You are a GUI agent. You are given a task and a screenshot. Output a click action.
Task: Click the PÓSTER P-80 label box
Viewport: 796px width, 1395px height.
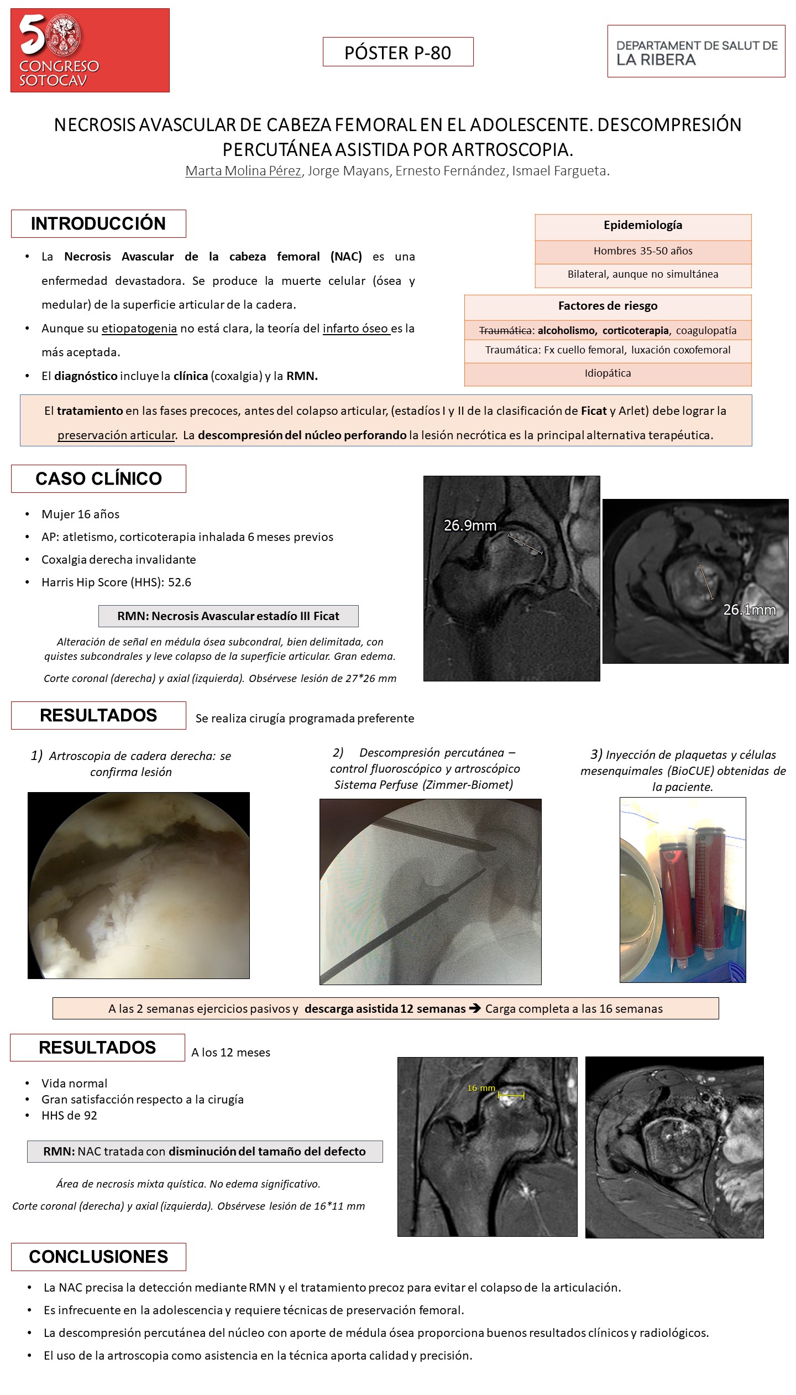(398, 52)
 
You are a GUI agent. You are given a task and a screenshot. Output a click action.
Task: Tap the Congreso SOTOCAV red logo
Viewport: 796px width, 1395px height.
(90, 50)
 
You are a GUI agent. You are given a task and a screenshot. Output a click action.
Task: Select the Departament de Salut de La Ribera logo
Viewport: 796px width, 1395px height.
(696, 51)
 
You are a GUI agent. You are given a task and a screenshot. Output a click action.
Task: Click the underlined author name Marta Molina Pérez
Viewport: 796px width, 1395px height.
(243, 171)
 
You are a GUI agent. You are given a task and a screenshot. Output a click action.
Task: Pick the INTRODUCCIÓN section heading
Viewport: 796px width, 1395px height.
(98, 223)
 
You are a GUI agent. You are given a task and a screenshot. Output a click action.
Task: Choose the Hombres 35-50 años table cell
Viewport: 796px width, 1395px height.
(643, 251)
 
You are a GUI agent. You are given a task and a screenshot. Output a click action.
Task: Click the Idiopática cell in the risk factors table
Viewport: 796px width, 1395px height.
(608, 373)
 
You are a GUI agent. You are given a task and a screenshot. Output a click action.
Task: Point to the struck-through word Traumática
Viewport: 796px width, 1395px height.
(505, 331)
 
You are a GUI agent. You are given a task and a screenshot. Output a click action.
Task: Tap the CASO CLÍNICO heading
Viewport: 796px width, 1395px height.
(98, 478)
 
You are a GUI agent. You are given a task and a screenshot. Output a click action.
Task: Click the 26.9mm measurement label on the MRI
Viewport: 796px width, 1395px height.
(470, 525)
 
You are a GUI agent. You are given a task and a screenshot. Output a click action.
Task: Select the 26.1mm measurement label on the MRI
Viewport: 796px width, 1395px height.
(750, 610)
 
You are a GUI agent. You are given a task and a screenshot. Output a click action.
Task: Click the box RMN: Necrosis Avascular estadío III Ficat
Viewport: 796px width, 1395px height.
(228, 616)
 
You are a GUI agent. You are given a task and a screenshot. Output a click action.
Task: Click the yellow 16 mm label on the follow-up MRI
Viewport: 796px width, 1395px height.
(481, 1088)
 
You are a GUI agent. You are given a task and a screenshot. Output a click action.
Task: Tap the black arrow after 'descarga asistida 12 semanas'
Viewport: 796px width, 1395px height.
(475, 1008)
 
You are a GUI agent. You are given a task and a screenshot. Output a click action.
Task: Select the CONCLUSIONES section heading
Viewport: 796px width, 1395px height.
(98, 1257)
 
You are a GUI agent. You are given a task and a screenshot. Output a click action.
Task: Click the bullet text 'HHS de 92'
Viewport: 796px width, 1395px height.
(69, 1116)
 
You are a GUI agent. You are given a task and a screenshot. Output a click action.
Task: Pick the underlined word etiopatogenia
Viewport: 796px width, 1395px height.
(139, 329)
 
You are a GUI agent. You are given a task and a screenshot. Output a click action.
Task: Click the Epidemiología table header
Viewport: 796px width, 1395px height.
(643, 226)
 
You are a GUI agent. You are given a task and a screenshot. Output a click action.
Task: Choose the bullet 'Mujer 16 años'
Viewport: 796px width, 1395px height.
(80, 514)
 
